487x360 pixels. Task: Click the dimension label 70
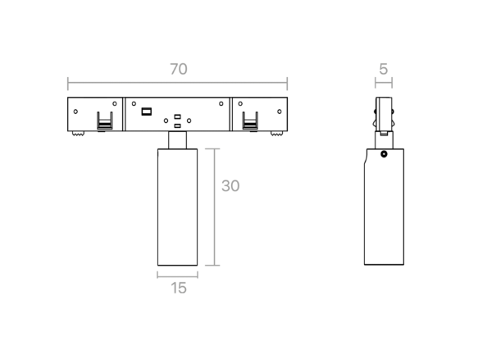coord(179,69)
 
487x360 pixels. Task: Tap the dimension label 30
coord(230,186)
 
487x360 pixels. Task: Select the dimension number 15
coord(179,288)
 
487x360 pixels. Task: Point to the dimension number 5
coord(384,69)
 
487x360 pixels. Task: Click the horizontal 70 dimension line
coord(178,83)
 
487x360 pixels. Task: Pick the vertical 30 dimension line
coord(215,207)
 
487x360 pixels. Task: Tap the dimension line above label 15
coord(178,275)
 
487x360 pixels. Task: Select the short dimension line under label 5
coord(384,83)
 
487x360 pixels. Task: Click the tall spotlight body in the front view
coord(177,207)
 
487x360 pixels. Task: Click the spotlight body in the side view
coord(385,207)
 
